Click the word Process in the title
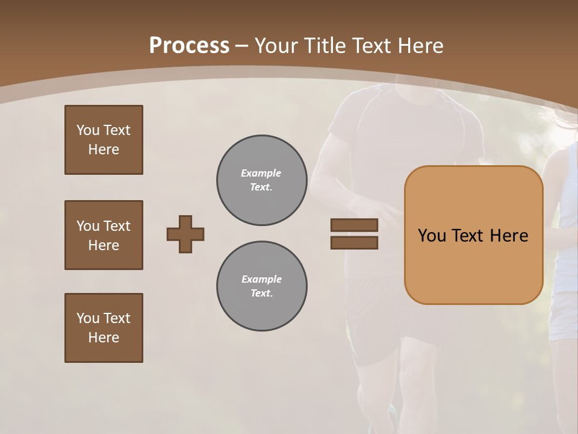[x=189, y=46]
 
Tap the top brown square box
[x=104, y=140]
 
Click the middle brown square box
[x=104, y=235]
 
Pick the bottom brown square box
[x=104, y=328]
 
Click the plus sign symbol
[x=185, y=234]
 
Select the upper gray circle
[x=262, y=180]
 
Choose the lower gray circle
[x=262, y=286]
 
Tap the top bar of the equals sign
[x=354, y=225]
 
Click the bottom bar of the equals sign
[x=354, y=243]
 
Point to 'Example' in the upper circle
[x=261, y=174]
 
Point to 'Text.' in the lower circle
[x=262, y=294]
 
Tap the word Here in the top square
[x=104, y=149]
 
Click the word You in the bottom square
[x=88, y=318]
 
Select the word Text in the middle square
[x=117, y=226]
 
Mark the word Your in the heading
[x=275, y=46]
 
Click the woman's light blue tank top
[x=566, y=253]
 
